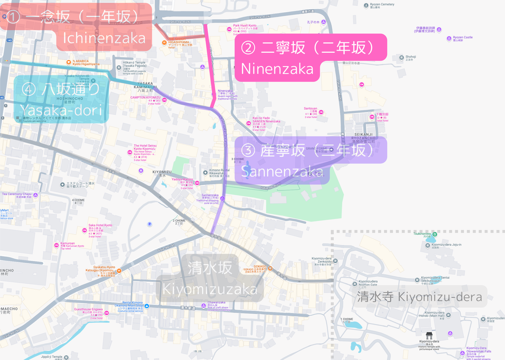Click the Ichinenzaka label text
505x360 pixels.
click(x=104, y=38)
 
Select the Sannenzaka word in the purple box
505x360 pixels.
click(x=282, y=171)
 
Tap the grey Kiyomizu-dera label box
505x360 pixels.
click(x=420, y=297)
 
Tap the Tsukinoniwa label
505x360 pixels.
click(x=423, y=234)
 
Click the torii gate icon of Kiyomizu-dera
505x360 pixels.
click(x=429, y=335)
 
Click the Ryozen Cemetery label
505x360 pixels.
click(x=382, y=5)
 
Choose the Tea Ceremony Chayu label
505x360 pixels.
click(x=16, y=195)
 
